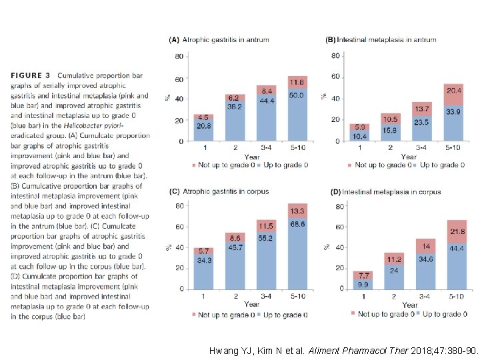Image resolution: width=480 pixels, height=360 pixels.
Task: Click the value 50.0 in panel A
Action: (297, 96)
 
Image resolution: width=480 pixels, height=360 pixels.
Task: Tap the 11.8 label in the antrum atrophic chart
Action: (297, 83)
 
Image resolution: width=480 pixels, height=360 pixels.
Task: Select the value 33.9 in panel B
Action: (453, 112)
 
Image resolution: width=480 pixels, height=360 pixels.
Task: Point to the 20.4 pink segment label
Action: (453, 90)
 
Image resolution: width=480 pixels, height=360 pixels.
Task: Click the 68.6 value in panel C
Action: (297, 224)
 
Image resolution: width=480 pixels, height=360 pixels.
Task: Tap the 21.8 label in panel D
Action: (456, 231)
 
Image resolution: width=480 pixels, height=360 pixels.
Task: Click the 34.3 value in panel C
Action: (204, 259)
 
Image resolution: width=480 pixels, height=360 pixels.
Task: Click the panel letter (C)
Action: (173, 191)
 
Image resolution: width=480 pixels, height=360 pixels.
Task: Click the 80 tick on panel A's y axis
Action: (179, 56)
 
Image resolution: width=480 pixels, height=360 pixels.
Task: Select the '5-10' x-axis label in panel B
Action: (453, 147)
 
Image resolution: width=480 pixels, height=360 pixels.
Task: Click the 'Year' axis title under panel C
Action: (251, 304)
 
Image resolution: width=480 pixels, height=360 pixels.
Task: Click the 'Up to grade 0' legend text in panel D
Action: (446, 313)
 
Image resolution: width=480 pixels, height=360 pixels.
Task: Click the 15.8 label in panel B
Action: (390, 130)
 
